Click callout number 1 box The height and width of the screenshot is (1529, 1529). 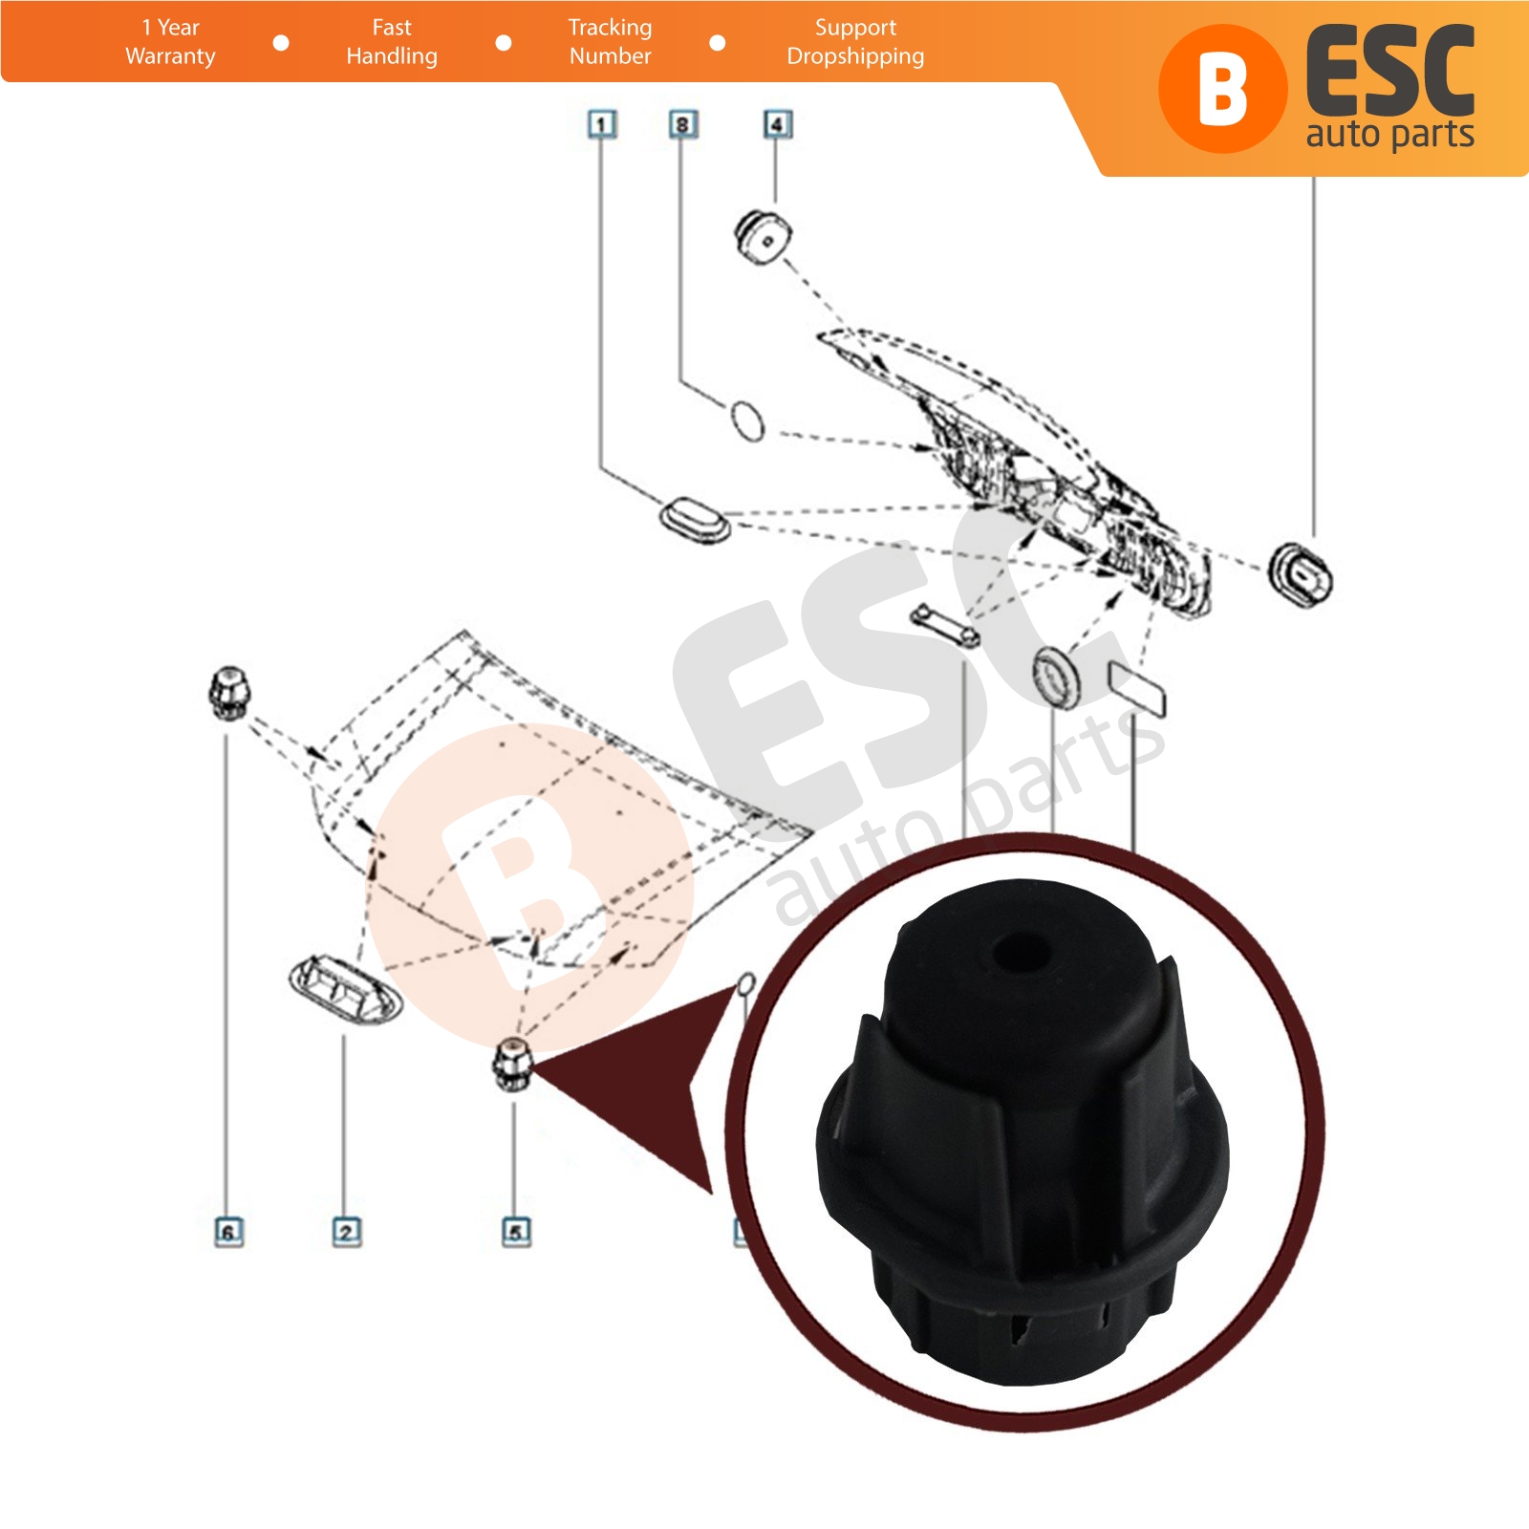601,124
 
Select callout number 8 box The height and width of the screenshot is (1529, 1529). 682,124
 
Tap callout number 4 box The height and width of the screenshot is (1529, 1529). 777,124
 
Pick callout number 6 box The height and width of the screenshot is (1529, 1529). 227,1232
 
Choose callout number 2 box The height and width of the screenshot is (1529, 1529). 346,1232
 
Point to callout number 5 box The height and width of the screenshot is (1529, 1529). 516,1232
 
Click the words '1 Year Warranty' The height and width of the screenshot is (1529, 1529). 170,42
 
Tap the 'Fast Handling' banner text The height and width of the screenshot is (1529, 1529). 392,42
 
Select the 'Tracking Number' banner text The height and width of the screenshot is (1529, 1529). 610,42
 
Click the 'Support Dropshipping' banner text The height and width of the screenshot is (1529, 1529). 855,42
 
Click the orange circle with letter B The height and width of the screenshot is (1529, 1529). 1222,89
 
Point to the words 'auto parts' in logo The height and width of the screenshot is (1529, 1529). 1389,134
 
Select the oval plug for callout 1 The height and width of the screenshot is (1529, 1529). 696,519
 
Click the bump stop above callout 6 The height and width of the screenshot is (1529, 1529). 227,694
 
